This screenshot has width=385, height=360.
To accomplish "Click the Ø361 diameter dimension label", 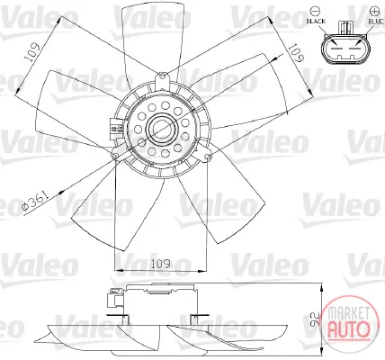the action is click(35, 201).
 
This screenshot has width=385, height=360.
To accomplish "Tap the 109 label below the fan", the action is click(160, 264).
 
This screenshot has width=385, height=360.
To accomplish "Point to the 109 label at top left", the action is click(33, 52).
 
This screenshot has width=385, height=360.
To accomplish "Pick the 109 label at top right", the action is click(296, 53).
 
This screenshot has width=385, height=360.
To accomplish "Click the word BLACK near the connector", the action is click(316, 22).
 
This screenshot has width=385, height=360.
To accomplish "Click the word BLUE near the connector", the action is click(375, 22).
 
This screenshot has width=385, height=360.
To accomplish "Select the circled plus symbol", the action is click(374, 11).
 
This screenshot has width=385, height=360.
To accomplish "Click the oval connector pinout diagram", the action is click(345, 49).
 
